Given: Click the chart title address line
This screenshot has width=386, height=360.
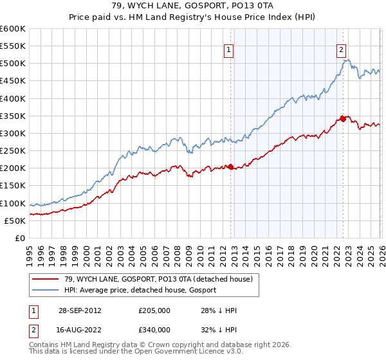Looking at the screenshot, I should point(192,6).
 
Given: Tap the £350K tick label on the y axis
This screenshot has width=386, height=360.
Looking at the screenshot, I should point(13,116).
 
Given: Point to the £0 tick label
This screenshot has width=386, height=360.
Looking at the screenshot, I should point(19,238).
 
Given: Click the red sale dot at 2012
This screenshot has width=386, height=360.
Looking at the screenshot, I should point(231,166).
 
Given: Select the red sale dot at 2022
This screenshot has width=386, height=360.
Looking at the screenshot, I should point(343,119).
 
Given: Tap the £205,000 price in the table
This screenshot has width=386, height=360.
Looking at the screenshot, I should point(154,310).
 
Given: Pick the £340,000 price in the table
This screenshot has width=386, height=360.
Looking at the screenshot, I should point(154,330).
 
